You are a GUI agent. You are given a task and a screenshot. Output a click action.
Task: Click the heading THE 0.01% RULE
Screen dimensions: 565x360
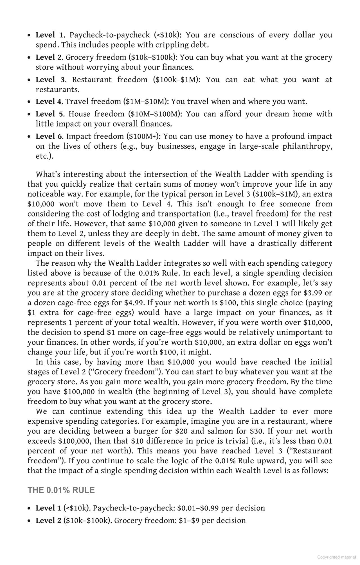point(61,490)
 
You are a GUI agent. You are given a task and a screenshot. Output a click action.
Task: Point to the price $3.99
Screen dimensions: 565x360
point(313,293)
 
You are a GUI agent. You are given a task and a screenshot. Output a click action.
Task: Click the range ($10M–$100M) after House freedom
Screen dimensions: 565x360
point(155,114)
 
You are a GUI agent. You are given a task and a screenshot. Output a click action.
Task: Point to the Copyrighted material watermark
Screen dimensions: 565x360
point(336,557)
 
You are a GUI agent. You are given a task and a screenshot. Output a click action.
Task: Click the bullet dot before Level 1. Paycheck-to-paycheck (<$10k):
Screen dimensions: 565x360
point(29,35)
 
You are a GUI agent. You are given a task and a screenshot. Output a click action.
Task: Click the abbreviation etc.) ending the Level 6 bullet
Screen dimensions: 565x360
point(44,156)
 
